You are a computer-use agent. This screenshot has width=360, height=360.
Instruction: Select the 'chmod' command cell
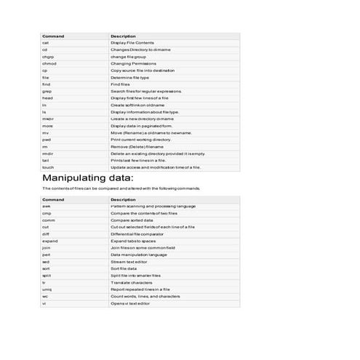[x=49, y=63]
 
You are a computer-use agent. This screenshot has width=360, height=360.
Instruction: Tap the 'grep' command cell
[x=47, y=91]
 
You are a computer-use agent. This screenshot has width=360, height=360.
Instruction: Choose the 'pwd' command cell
[x=46, y=140]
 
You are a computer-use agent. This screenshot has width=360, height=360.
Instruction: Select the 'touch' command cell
[x=48, y=167]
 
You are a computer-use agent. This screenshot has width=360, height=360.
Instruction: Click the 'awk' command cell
[x=47, y=207]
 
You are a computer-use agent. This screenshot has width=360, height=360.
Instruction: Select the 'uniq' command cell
[x=47, y=289]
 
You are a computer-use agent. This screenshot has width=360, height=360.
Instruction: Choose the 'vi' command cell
[x=44, y=303]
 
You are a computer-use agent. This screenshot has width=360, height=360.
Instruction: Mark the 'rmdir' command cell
[x=48, y=153]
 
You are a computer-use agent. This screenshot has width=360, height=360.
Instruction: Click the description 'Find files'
[x=120, y=84]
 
